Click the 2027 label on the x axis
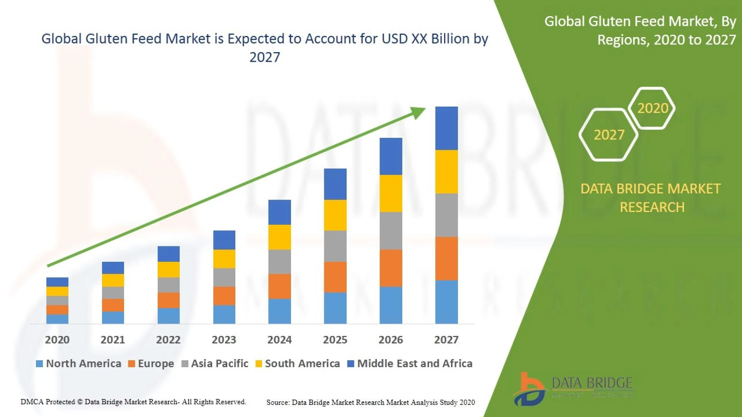coord(446,340)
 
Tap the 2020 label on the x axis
coord(57,340)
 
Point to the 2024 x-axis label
coord(279,340)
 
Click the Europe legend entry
coord(151,363)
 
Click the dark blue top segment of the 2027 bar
coord(446,128)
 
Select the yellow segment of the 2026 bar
coord(391,193)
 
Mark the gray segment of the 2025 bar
coord(335,246)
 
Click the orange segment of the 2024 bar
coord(279,286)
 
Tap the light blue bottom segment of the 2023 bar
coord(224,314)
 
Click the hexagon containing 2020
coord(652,108)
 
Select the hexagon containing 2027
coord(609,134)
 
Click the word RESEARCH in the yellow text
coord(652,207)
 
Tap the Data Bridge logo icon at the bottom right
coord(530,389)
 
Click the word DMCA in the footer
coord(31,402)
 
